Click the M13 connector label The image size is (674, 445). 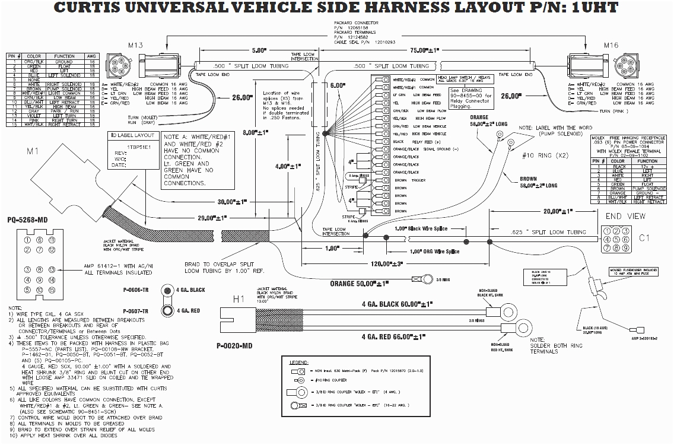point(136,46)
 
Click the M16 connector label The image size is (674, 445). point(611,46)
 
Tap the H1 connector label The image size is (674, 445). point(239,300)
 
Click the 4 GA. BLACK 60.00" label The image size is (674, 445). point(394,305)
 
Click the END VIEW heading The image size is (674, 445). point(625,216)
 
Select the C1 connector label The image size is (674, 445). point(645,238)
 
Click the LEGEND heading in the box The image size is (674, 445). point(298,361)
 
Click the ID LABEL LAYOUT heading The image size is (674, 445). point(131,135)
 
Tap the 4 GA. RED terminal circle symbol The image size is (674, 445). point(168,310)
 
